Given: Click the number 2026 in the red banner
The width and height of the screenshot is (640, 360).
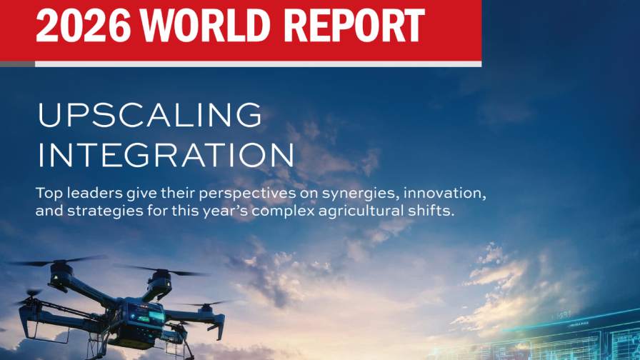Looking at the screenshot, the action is (84, 25).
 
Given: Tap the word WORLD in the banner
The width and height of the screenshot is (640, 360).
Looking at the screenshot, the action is (205, 25).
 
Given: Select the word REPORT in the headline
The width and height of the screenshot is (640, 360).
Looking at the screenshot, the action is (354, 25).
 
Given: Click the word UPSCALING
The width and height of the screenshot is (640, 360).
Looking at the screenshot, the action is (149, 115).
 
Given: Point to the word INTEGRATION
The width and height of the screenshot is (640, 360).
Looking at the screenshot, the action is (166, 155).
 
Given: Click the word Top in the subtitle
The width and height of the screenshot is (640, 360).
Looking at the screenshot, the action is (49, 194).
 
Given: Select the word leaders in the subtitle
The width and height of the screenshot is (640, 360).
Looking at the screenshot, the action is (95, 193).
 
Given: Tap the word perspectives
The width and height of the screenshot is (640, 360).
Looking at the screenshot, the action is (247, 194).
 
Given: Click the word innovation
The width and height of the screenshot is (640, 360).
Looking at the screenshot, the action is (445, 193).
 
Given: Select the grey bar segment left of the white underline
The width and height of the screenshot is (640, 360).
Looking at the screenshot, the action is (18, 64).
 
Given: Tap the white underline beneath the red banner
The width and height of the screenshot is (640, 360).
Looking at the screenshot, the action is (259, 64).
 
